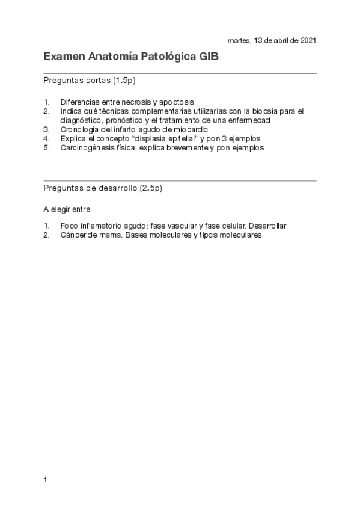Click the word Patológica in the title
(168, 57)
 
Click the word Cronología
(78, 129)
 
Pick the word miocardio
(192, 129)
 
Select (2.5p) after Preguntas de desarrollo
(150, 188)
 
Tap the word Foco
(69, 226)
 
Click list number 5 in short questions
(46, 147)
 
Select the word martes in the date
(239, 40)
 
